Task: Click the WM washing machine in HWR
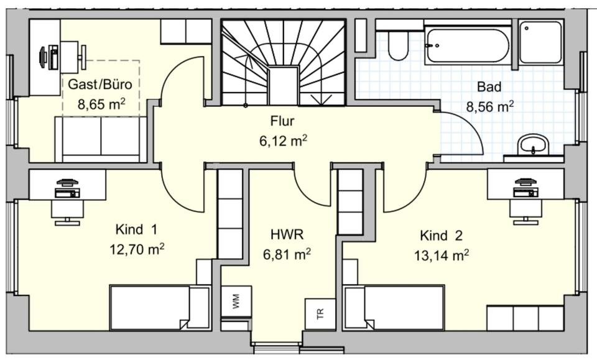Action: coord(236,302)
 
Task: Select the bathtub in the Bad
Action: coord(467,45)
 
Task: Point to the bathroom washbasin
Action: coord(534,146)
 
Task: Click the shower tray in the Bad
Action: coord(541,42)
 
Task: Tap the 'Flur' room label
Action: coord(282,121)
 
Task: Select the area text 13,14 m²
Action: coord(441,254)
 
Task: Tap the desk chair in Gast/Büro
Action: coord(82,55)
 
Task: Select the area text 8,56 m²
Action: coord(490,106)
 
